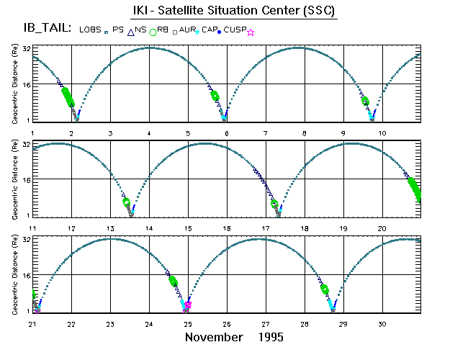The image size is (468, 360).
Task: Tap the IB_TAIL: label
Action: coord(46,30)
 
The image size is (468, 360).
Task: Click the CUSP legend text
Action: coord(233,30)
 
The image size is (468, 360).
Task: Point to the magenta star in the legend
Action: coord(250,32)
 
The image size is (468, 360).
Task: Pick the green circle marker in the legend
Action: coord(152,32)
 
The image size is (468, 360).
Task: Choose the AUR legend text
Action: coord(189,30)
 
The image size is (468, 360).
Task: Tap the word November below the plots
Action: coord(214,337)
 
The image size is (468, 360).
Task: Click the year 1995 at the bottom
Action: coord(271,337)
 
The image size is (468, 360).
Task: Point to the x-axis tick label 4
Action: coord(149,134)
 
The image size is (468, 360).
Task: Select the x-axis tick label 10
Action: coord(382,134)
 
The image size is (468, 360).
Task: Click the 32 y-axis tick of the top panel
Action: coord(25,48)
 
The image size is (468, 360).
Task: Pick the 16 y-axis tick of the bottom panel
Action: coord(25,275)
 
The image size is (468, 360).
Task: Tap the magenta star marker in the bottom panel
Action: coord(188,305)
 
